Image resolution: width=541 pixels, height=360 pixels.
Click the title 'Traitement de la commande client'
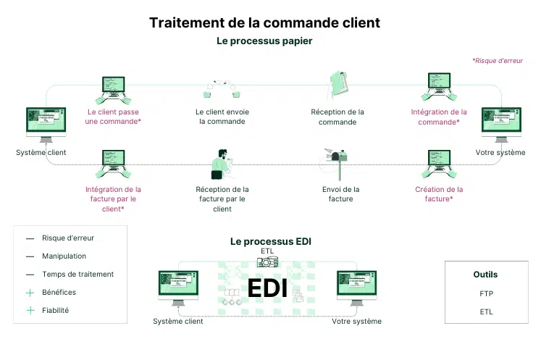tap(264, 22)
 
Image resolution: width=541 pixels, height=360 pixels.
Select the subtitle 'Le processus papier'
tap(264, 41)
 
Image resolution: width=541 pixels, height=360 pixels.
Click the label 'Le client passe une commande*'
tap(113, 117)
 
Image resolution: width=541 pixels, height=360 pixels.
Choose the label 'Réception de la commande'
tap(337, 117)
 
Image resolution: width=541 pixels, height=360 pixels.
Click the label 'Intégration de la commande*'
tap(439, 117)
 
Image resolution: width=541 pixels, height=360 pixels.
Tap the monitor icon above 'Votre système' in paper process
tap(500, 125)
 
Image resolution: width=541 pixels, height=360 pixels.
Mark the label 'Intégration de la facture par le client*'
tap(113, 198)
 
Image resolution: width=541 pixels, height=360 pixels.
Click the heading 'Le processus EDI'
tap(271, 241)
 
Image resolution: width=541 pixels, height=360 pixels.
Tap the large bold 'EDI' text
tap(267, 288)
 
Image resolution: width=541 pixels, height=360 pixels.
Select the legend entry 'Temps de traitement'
tap(77, 275)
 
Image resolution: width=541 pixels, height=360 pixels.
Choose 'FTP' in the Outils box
tap(486, 294)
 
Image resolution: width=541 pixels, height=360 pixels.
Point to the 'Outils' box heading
tap(485, 275)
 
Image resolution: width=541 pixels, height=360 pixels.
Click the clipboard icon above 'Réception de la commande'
tap(338, 85)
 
